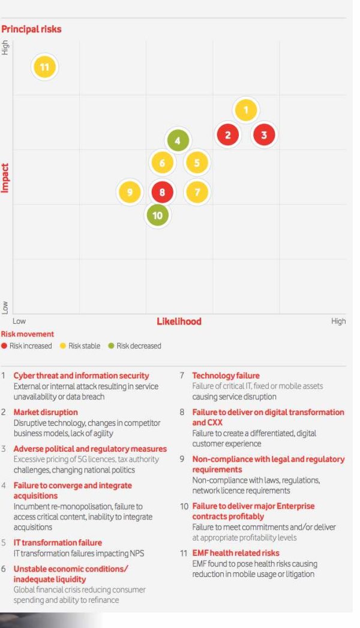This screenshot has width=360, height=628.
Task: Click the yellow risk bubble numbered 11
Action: (x=44, y=67)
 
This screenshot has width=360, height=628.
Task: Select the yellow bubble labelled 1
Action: (x=246, y=110)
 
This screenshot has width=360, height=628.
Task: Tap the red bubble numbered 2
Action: (x=227, y=135)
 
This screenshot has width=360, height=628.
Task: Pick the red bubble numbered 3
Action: (x=264, y=135)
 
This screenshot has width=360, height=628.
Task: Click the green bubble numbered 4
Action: (x=178, y=142)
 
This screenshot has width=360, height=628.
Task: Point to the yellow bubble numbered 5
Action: (x=197, y=163)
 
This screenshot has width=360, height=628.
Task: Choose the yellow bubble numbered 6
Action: (x=162, y=163)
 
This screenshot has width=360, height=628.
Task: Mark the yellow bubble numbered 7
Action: (x=197, y=192)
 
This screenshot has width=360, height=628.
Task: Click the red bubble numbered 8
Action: (x=161, y=192)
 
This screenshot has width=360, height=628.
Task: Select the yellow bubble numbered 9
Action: (x=130, y=192)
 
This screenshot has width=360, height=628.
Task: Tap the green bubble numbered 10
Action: (x=157, y=215)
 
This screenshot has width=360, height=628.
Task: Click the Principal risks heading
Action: (x=31, y=29)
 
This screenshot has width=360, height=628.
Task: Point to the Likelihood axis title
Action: (x=179, y=321)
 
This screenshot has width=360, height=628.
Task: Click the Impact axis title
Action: (x=5, y=178)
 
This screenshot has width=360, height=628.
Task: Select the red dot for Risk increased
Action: (x=4, y=346)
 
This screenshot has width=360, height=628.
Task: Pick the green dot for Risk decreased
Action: (x=111, y=346)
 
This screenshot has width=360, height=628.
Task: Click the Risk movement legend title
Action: (x=28, y=334)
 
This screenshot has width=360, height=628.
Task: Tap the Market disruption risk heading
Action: (x=46, y=412)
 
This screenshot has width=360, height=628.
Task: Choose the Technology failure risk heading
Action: (x=226, y=375)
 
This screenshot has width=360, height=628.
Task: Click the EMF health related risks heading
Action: (x=236, y=553)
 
